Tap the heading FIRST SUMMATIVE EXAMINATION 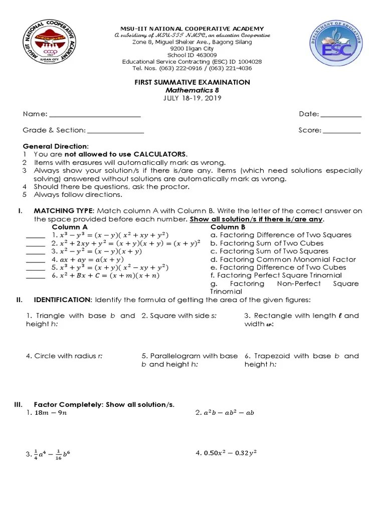pos(192,82)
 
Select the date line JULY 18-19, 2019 pos(192,98)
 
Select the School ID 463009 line pos(192,55)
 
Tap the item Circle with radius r pos(64,356)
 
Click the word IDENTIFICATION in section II pos(63,300)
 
